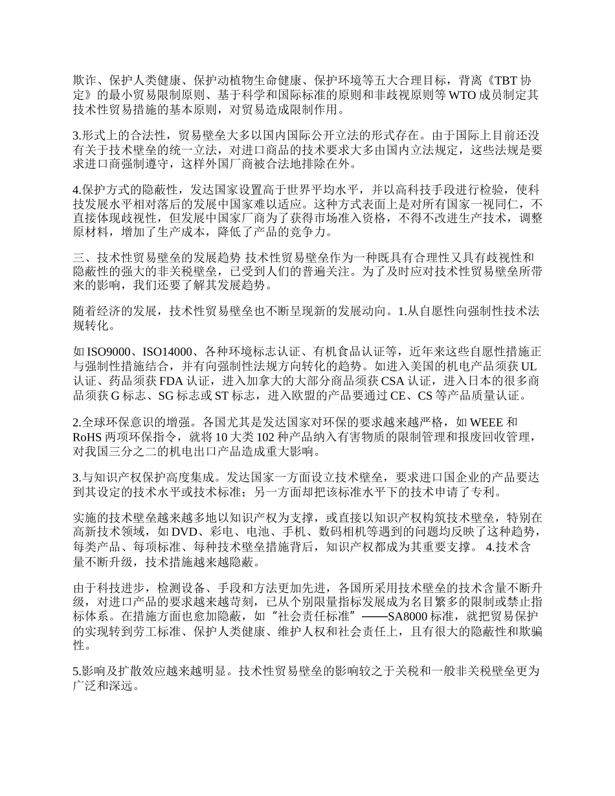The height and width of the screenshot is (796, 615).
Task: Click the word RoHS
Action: pos(89,437)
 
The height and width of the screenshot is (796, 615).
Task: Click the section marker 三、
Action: pos(82,258)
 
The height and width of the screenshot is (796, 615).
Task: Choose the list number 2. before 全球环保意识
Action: pos(78,423)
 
